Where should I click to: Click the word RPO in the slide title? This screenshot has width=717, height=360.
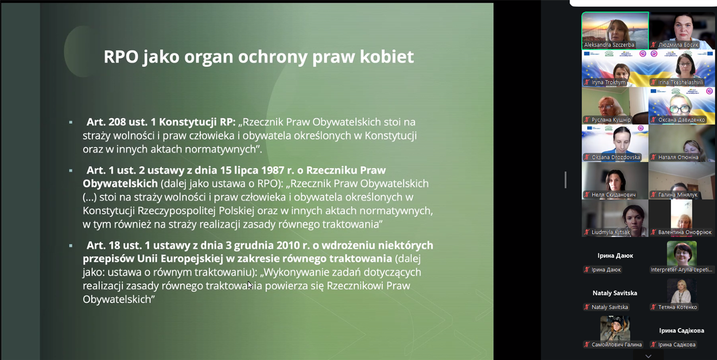(x=121, y=57)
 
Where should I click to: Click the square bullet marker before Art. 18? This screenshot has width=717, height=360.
(x=71, y=246)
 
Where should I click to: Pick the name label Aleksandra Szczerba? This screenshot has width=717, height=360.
(x=609, y=45)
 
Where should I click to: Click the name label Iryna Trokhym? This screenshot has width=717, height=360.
(x=608, y=82)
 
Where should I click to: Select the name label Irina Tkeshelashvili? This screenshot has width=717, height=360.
(x=680, y=82)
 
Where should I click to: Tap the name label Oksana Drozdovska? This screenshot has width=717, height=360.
(x=615, y=157)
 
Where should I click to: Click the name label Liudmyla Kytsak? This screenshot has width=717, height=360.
(x=610, y=232)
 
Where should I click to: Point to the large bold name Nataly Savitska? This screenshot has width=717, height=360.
(x=615, y=293)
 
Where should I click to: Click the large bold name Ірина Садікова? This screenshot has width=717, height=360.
(x=681, y=331)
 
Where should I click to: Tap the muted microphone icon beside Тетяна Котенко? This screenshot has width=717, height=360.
(x=653, y=307)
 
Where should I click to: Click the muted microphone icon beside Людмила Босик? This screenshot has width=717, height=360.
(x=654, y=45)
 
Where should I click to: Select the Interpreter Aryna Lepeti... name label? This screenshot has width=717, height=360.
(x=681, y=270)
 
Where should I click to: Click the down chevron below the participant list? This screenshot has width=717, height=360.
(x=648, y=356)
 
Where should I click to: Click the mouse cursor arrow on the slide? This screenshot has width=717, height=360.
(x=250, y=285)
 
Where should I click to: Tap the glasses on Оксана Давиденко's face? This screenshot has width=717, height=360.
(x=679, y=109)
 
